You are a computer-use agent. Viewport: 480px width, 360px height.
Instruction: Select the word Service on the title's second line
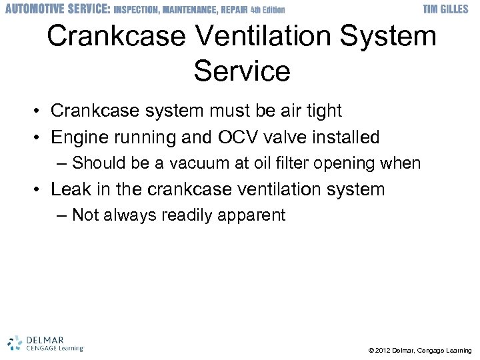(x=241, y=71)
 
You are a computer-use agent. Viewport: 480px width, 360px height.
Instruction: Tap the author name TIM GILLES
(x=447, y=9)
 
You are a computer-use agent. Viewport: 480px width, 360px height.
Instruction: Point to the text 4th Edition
(x=267, y=10)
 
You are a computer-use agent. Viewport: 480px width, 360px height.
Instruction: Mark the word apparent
(x=257, y=215)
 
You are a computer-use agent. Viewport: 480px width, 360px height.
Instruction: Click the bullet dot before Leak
(x=39, y=190)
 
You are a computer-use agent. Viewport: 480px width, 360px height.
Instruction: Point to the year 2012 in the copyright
(x=384, y=350)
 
